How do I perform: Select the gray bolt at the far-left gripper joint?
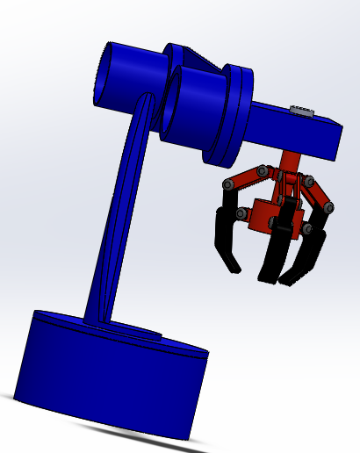pos(227,185)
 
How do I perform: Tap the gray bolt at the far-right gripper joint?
pos(329,207)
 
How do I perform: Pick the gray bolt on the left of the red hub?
pos(248,212)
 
